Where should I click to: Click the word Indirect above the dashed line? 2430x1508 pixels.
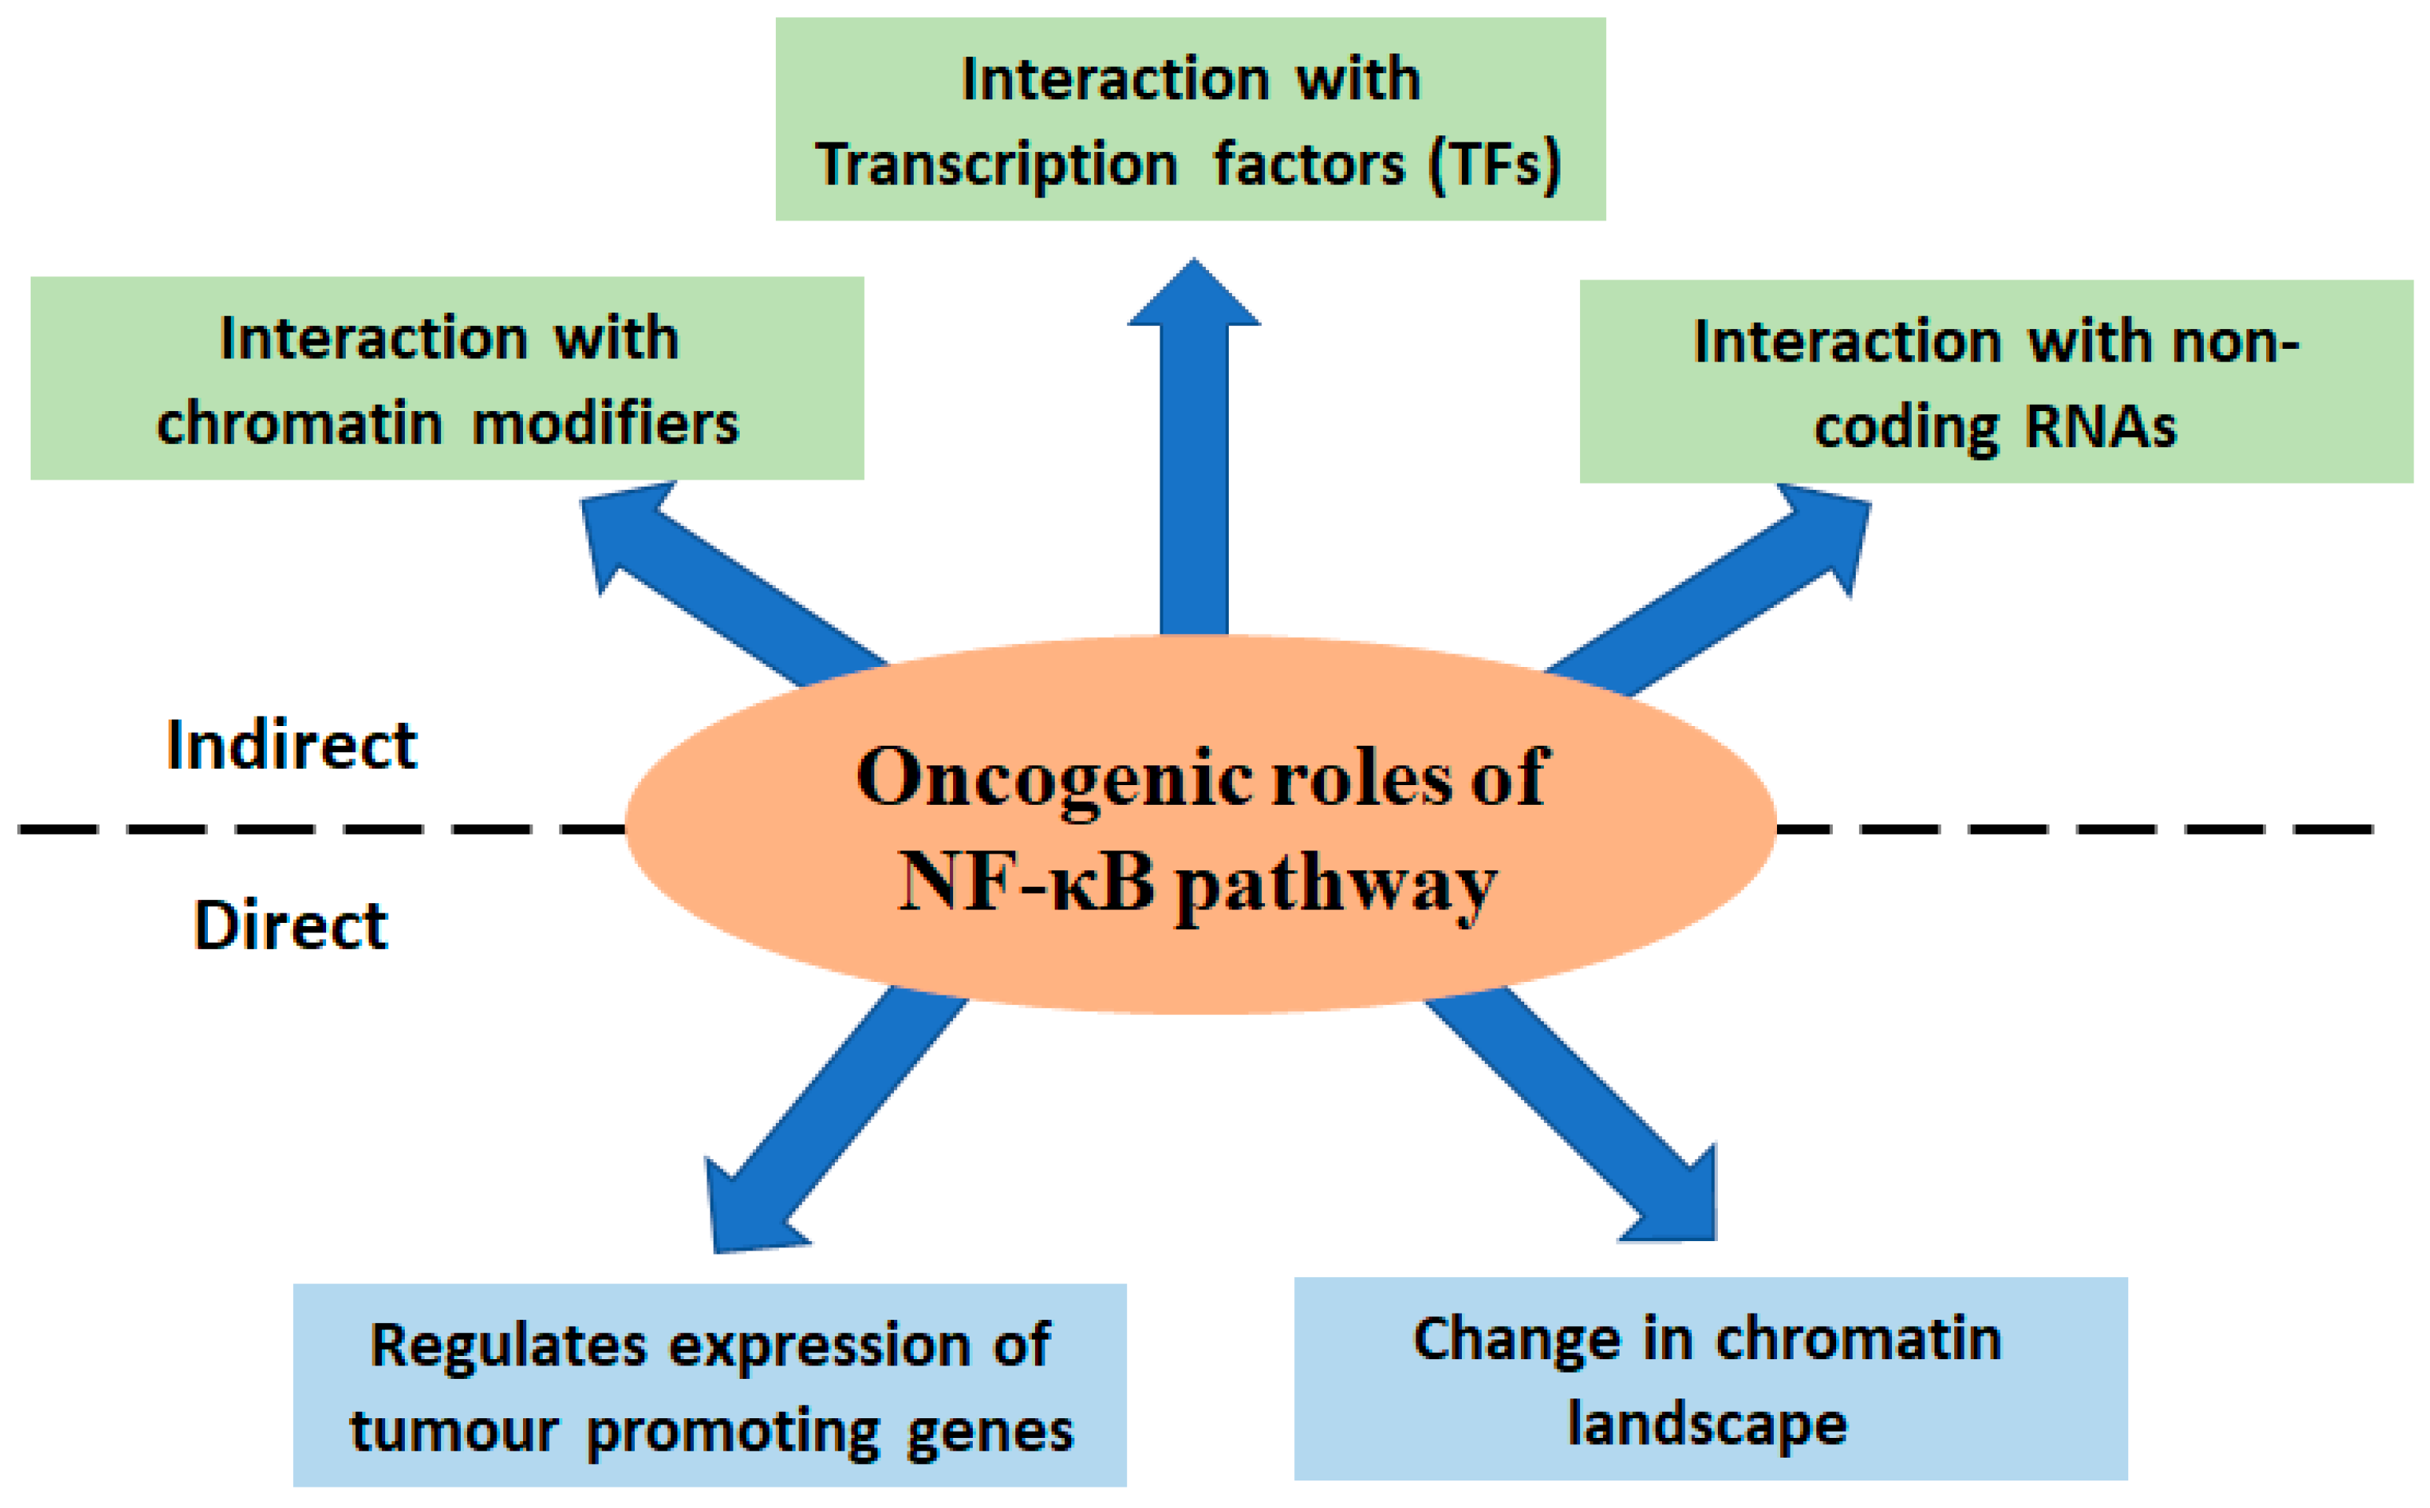coord(291,746)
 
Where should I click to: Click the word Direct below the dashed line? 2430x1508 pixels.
coord(291,925)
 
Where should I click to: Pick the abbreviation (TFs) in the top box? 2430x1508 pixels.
coord(1494,165)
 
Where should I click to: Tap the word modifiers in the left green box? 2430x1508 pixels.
coord(606,425)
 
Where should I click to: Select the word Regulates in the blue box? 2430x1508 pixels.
coord(508,1347)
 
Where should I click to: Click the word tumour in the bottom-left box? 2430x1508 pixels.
coord(453,1433)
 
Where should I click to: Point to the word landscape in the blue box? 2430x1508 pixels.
coord(1707,1425)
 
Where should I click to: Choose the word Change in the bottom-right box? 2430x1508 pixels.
coord(1516,1340)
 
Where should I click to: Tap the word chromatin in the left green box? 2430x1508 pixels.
coord(299,425)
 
